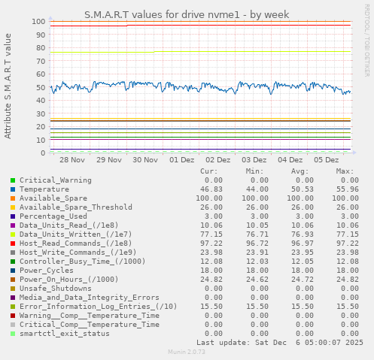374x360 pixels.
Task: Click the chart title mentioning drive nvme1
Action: (x=187, y=14)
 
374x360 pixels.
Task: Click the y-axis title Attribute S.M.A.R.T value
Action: (x=8, y=86)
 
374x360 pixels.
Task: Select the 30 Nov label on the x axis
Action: (x=145, y=160)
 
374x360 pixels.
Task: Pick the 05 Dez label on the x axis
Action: (x=327, y=160)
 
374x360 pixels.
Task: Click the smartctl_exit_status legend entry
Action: (x=64, y=334)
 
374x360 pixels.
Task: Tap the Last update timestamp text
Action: (x=280, y=343)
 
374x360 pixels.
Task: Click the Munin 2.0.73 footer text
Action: (x=187, y=352)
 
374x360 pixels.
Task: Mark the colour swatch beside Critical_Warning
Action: (x=13, y=180)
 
